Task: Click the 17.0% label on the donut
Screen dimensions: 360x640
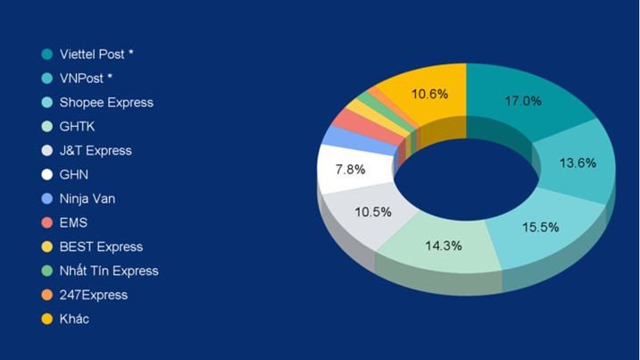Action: tap(523, 101)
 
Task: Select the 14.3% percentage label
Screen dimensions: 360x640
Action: tap(444, 245)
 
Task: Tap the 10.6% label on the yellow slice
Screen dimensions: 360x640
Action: tap(429, 93)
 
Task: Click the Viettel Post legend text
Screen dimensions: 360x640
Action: tap(96, 54)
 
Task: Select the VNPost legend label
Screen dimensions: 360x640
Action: tap(86, 78)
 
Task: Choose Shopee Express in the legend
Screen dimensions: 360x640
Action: tap(106, 102)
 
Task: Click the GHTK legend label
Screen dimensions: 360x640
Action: tap(77, 126)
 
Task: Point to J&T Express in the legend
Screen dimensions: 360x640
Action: tap(96, 150)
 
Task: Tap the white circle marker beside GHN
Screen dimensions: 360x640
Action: tap(46, 174)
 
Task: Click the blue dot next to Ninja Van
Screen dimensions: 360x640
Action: tap(46, 198)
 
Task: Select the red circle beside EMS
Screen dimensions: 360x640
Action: tap(46, 222)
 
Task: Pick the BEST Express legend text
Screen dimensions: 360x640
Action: tap(101, 247)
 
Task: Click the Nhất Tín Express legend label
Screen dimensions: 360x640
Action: tap(109, 271)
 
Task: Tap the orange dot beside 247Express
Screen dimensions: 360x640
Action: tap(46, 295)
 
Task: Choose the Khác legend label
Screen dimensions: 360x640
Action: tap(74, 319)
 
